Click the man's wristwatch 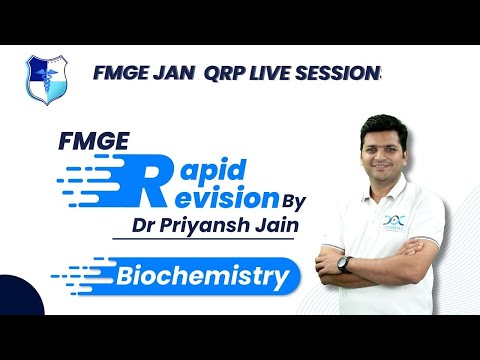[x=344, y=264]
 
